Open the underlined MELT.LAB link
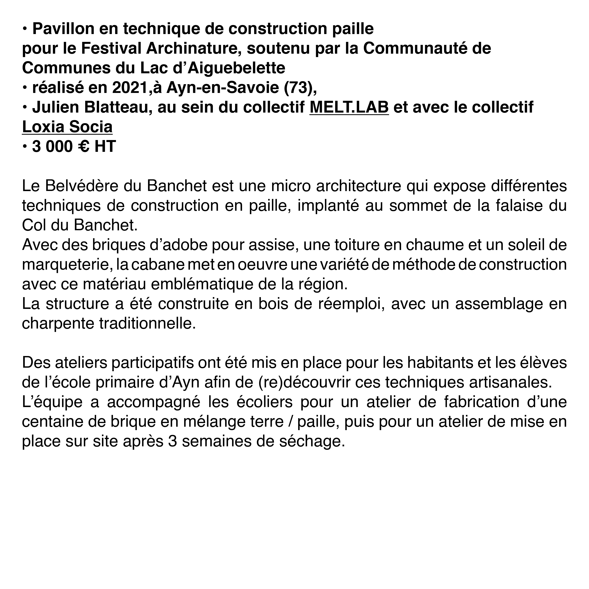tap(349, 107)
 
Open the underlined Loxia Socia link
tap(67, 127)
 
